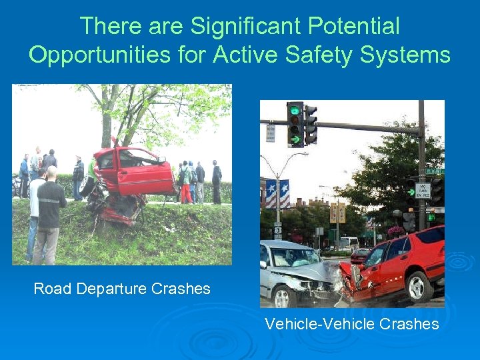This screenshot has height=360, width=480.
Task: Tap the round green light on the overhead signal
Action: point(294,111)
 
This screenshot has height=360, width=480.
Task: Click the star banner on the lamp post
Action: point(277,194)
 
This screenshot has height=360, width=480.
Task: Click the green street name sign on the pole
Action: point(434,171)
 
